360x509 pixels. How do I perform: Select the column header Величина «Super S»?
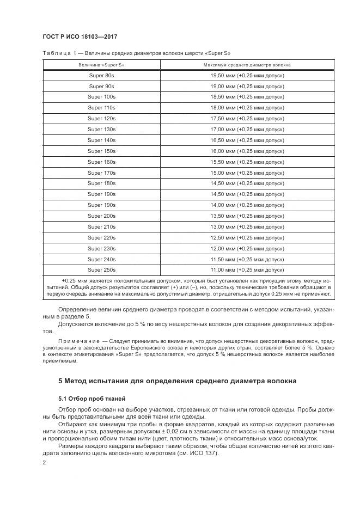pyautogui.click(x=102, y=64)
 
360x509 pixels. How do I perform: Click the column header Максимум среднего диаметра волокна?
pyautogui.click(x=247, y=64)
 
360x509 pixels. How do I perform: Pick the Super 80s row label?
pyautogui.click(x=102, y=75)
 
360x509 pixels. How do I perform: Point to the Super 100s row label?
pyautogui.click(x=102, y=96)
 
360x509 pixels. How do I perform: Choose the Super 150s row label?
pyautogui.click(x=102, y=151)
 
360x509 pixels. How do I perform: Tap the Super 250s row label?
pyautogui.click(x=102, y=269)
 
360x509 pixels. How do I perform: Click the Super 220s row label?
pyautogui.click(x=102, y=237)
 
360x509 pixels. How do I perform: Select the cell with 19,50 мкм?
pyautogui.click(x=247, y=75)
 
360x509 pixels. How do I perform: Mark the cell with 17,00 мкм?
pyautogui.click(x=247, y=129)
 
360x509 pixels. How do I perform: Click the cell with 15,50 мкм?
pyautogui.click(x=247, y=162)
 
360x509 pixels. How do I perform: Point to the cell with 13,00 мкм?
pyautogui.click(x=247, y=226)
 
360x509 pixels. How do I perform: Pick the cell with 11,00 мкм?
pyautogui.click(x=247, y=269)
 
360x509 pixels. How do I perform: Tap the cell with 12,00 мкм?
pyautogui.click(x=247, y=248)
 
